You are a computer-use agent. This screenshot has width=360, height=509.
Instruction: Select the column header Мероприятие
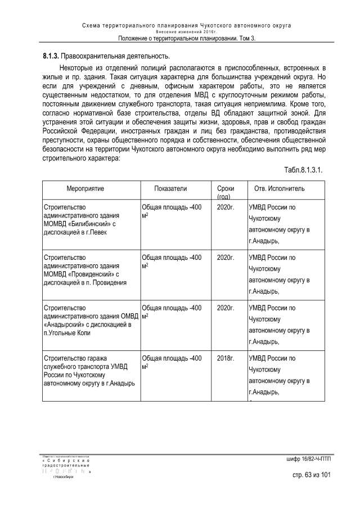pos(85,188)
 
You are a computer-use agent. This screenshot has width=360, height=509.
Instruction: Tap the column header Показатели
pos(170,188)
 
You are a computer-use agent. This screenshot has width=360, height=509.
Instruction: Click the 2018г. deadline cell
pos(225,358)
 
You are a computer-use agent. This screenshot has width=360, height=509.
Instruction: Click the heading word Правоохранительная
pos(98,57)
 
